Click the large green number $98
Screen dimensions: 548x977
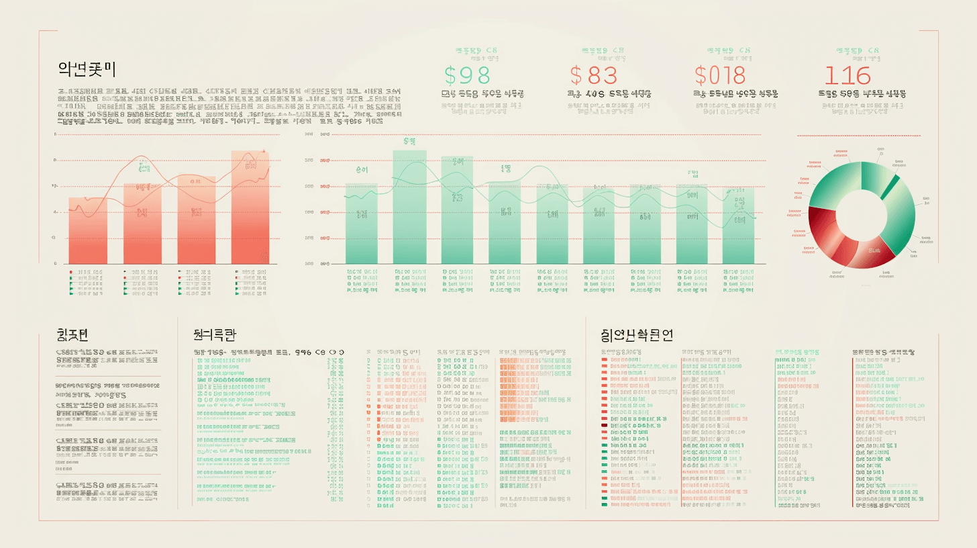pos(468,75)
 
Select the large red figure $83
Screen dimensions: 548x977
pos(593,75)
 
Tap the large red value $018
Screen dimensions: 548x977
pos(720,75)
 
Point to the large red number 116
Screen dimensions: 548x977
pos(847,75)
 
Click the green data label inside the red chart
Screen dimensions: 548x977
pos(143,187)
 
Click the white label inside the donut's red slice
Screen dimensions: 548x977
pos(874,249)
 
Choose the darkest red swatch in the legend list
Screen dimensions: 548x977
pos(605,425)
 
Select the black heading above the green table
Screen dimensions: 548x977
pos(214,334)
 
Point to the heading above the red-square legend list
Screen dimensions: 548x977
pos(637,334)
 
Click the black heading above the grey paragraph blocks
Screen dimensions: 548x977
pos(74,334)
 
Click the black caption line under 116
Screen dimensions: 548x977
pos(862,93)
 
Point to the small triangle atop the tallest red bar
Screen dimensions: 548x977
pos(264,151)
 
